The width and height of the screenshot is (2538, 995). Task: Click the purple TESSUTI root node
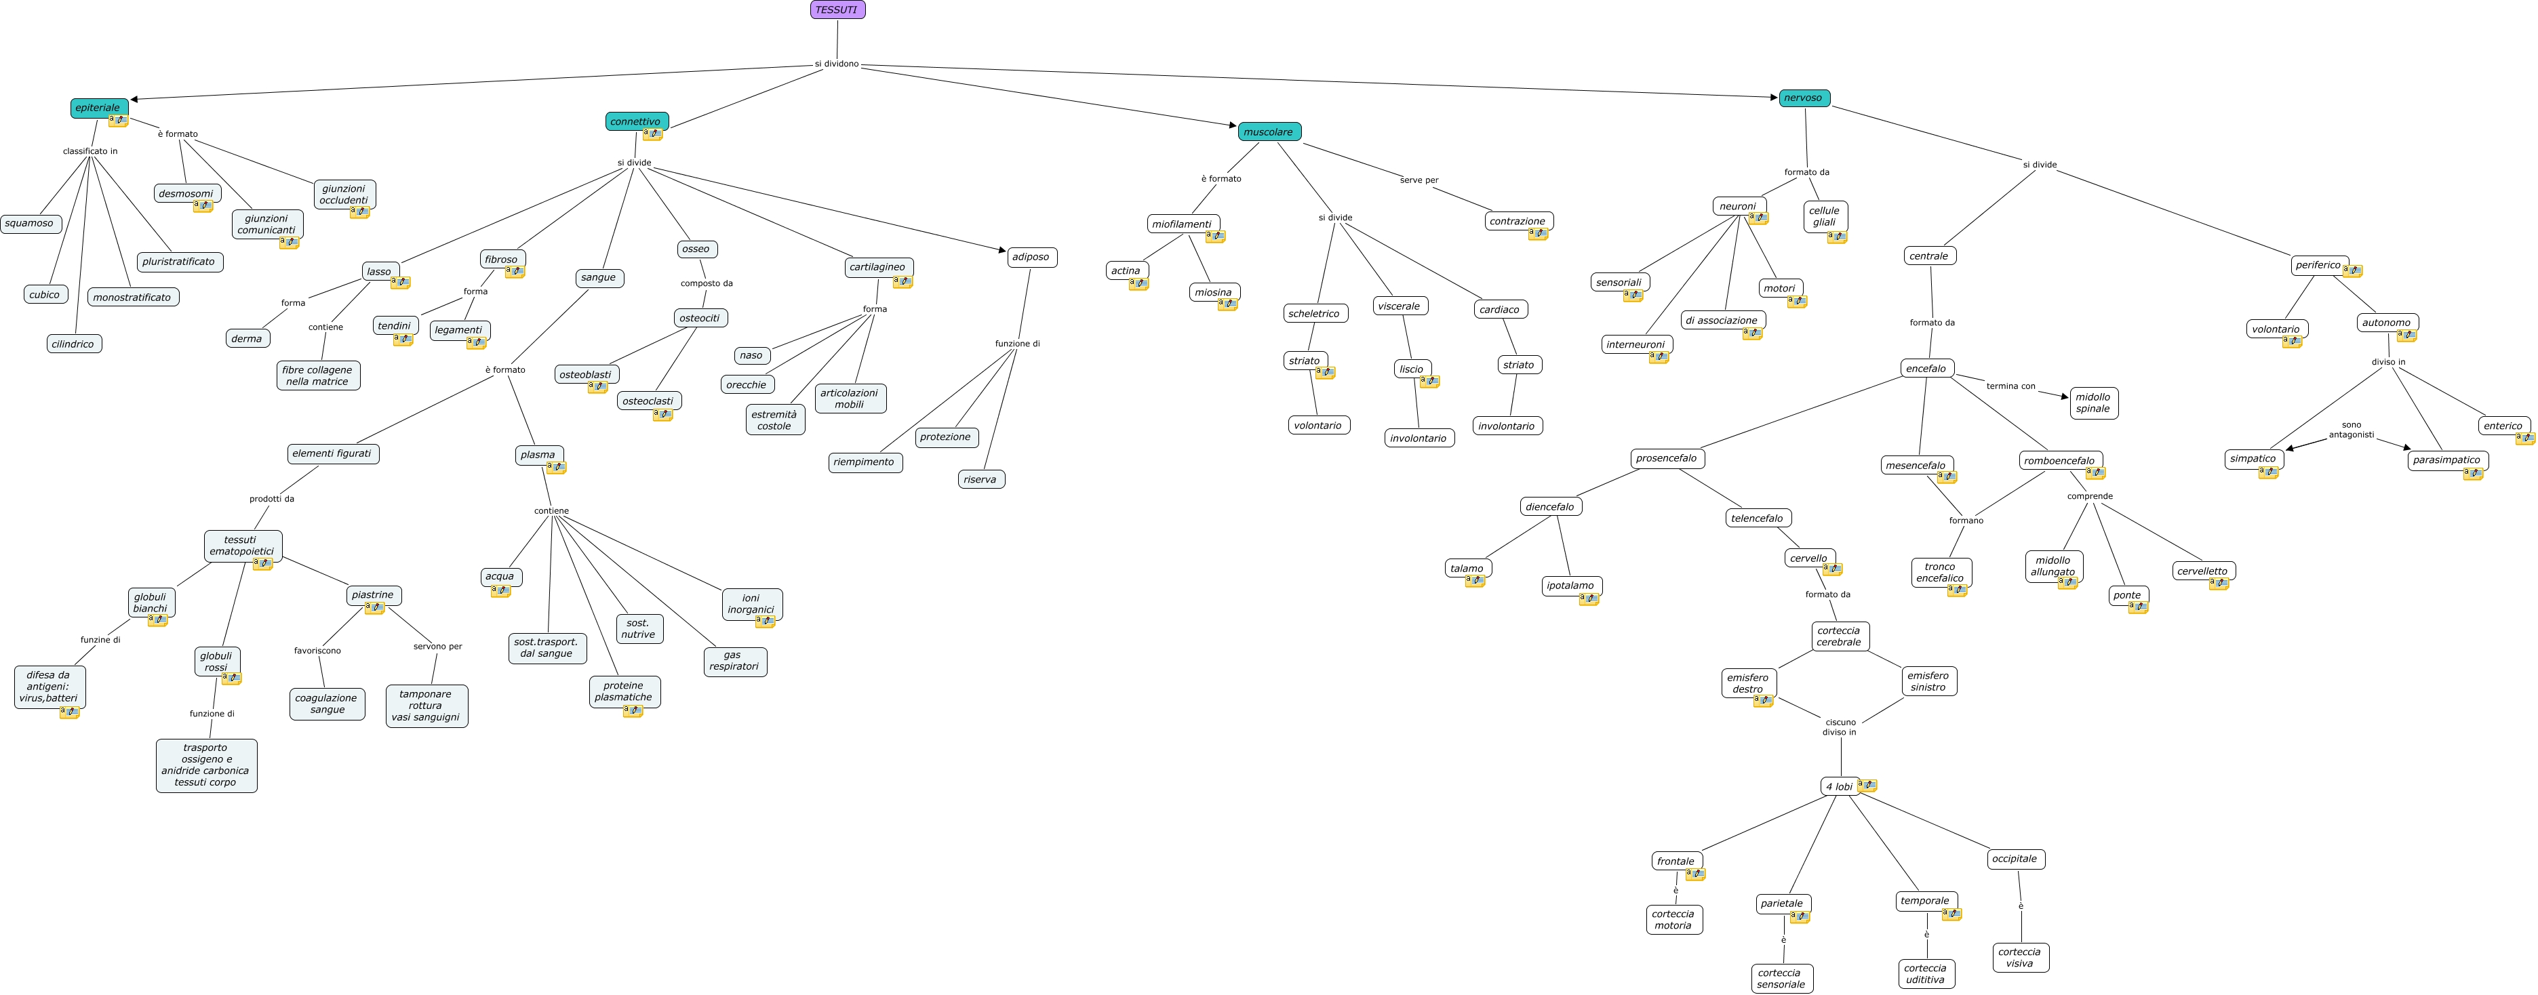[837, 10]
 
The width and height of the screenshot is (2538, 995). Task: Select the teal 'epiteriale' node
[98, 107]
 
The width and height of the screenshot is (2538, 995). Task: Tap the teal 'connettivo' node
[635, 121]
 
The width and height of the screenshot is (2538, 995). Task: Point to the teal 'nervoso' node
[1803, 98]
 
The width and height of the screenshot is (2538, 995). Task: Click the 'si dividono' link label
[837, 64]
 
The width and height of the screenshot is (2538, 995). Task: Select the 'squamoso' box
[30, 224]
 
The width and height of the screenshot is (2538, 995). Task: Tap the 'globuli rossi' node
[216, 661]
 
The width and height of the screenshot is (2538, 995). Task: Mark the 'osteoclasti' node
[648, 401]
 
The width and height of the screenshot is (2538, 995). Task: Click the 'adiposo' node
[1031, 257]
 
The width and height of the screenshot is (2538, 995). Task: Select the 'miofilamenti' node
[1181, 224]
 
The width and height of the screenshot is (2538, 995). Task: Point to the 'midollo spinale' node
[2093, 403]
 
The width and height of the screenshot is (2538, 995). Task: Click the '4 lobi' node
[1838, 786]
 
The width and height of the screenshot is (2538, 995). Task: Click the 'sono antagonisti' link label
[2352, 430]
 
